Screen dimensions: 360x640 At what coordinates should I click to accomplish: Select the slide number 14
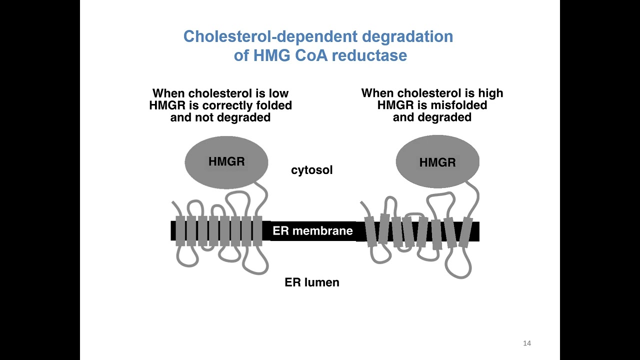pos(526,343)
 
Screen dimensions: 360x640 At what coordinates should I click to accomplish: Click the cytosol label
pos(311,170)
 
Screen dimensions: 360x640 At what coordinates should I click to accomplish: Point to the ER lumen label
pos(311,282)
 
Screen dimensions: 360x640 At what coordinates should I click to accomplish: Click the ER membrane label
pos(312,230)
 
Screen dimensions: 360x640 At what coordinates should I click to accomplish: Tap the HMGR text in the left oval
pos(226,161)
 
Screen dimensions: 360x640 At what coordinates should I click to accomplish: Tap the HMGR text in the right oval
pos(437,162)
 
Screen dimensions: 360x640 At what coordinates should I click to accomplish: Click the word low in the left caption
pos(278,93)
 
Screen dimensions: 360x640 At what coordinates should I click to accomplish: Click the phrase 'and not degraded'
pos(220,117)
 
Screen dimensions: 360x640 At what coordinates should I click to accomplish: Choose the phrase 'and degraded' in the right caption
pos(432,117)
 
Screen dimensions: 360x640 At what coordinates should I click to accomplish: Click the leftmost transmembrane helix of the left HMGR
pos(180,230)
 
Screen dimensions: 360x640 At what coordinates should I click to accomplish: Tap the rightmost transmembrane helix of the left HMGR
pos(257,230)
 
